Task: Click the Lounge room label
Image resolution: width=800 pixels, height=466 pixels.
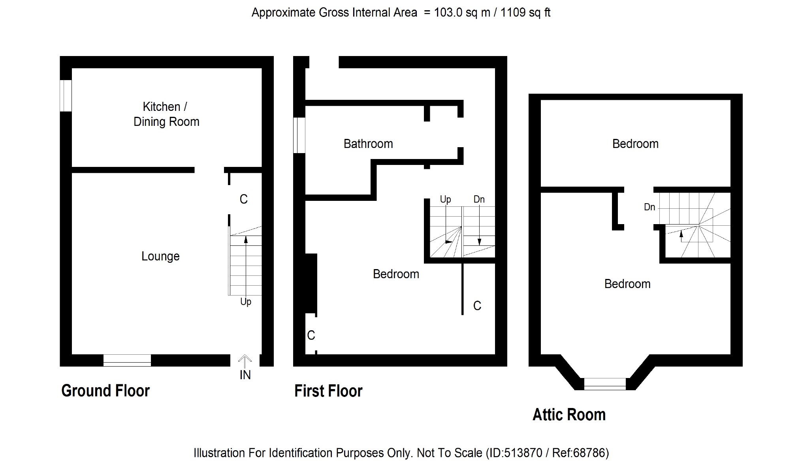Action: [x=160, y=256]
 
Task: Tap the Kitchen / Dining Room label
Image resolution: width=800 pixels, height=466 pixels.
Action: [x=166, y=114]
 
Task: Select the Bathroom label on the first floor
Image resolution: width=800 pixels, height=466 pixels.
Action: [x=368, y=144]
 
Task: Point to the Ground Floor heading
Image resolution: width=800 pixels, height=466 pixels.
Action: [x=105, y=391]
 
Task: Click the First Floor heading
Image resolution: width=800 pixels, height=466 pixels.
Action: [x=328, y=391]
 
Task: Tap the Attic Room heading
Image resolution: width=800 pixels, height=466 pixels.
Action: [x=569, y=415]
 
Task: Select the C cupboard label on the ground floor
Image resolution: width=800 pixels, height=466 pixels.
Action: [x=244, y=199]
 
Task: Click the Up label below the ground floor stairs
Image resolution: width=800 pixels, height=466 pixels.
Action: [x=246, y=302]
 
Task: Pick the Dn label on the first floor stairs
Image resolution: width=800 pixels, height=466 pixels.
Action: [x=479, y=199]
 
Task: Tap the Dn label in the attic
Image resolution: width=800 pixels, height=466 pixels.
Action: [x=649, y=207]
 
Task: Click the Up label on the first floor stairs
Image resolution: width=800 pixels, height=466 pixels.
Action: [x=446, y=200]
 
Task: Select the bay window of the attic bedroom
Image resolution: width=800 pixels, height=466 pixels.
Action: [x=605, y=384]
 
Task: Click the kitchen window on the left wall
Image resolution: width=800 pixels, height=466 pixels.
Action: [x=66, y=96]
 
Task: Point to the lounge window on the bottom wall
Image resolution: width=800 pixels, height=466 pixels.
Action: [x=127, y=360]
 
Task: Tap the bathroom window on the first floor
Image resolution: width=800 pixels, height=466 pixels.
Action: [x=299, y=135]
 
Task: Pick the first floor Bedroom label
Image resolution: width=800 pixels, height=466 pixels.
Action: [x=396, y=274]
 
